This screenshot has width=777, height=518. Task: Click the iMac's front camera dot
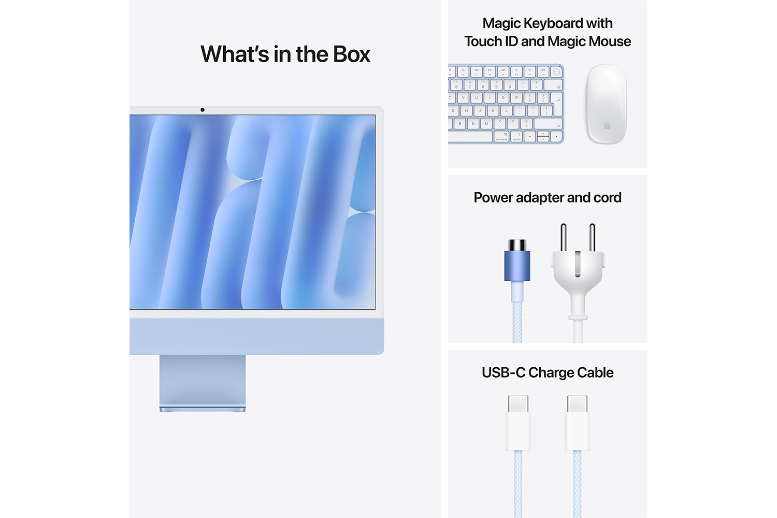(203, 110)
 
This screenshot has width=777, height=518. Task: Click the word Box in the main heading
(351, 54)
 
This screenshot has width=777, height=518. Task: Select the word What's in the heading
(235, 54)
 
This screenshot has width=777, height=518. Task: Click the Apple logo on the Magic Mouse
(607, 125)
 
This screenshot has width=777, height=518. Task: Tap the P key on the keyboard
(516, 97)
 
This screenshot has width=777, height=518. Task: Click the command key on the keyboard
(501, 137)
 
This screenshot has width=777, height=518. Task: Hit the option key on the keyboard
(517, 137)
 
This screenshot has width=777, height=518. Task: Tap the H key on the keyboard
(466, 110)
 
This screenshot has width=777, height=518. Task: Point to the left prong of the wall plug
(564, 237)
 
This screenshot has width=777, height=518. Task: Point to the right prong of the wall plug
(592, 237)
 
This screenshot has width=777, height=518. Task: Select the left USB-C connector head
(518, 422)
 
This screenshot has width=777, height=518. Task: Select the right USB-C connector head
(577, 422)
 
